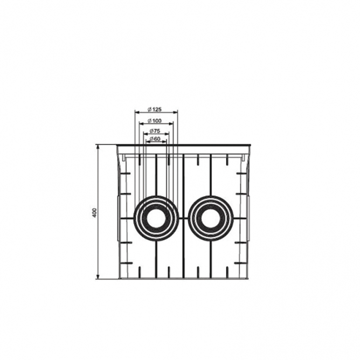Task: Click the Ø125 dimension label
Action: coord(155,109)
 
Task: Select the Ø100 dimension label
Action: coord(155,121)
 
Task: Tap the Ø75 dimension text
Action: coord(155,131)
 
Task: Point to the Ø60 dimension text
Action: coord(155,139)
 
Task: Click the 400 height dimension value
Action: coord(94,213)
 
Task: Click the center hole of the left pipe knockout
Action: coord(156,218)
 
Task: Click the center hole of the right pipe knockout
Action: coord(211,218)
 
